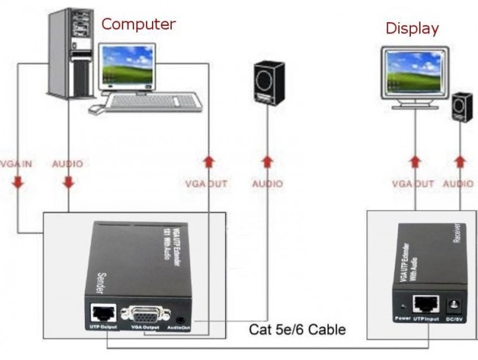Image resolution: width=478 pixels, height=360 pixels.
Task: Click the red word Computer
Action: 138,24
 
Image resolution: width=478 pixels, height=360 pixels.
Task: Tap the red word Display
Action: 412,29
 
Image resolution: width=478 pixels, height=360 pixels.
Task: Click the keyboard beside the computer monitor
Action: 150,102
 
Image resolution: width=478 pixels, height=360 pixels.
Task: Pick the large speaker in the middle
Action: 269,83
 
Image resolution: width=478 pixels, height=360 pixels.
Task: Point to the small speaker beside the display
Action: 462,108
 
